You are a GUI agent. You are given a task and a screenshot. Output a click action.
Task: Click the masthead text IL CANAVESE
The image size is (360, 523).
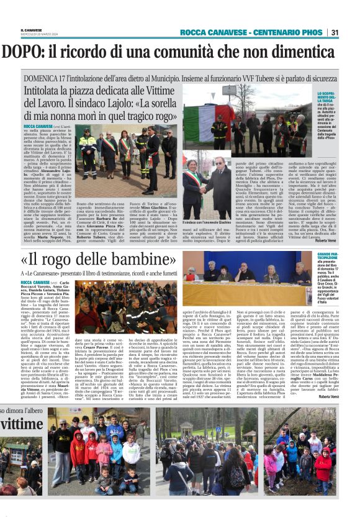[30, 29]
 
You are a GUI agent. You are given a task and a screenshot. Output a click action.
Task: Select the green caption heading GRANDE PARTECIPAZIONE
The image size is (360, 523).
[328, 257]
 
